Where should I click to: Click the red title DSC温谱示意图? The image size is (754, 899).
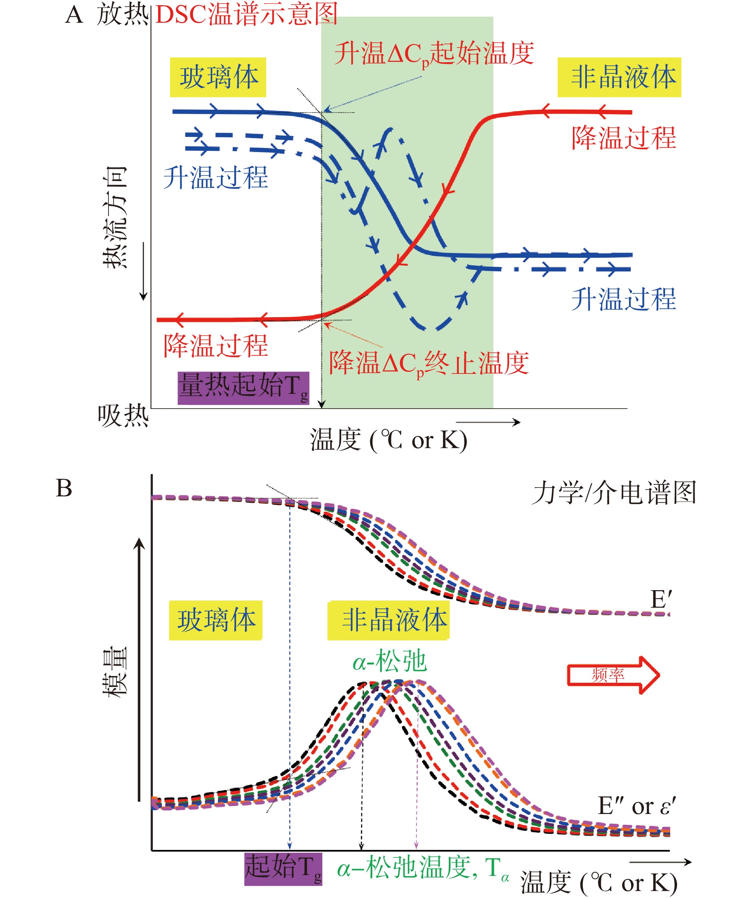click(247, 14)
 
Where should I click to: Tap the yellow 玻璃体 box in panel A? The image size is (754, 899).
click(218, 77)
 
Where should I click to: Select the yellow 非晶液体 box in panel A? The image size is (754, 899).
click(619, 77)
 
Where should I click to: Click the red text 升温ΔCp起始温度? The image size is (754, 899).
click(434, 54)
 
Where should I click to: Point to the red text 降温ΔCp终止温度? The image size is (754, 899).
click(428, 364)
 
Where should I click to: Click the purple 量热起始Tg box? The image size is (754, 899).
click(243, 387)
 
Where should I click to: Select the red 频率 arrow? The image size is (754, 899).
click(613, 675)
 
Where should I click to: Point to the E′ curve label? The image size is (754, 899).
click(661, 599)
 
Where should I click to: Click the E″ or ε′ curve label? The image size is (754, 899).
click(636, 806)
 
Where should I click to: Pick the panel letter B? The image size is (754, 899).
click(64, 488)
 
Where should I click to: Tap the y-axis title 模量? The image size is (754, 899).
click(114, 672)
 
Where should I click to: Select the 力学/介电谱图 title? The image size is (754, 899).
click(614, 493)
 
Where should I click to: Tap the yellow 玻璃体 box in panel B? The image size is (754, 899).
click(216, 620)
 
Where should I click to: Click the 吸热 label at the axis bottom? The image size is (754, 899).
click(123, 416)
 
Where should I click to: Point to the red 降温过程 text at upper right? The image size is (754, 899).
click(624, 138)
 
